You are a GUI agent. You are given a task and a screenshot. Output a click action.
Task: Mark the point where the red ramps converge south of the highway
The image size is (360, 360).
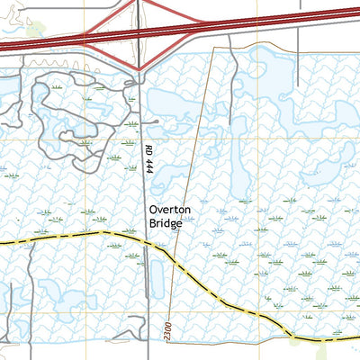pos(139,69)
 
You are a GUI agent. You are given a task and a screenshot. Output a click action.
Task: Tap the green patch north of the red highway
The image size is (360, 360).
pos(36,30)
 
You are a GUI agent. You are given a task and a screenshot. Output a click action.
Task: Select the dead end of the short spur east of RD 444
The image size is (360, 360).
pos(157,121)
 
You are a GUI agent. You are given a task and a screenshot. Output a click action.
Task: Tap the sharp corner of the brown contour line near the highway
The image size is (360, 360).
pos(216,47)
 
